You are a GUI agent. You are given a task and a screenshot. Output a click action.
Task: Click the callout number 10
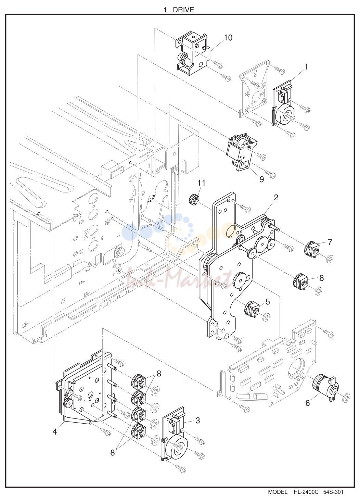pyautogui.click(x=228, y=38)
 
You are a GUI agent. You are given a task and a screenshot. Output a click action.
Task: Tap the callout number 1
pyautogui.click(x=306, y=67)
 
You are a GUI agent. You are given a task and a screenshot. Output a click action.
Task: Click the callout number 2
pyautogui.click(x=276, y=198)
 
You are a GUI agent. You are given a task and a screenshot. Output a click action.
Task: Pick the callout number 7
pyautogui.click(x=330, y=242)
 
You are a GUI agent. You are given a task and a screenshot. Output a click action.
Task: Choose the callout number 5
pyautogui.click(x=268, y=302)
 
